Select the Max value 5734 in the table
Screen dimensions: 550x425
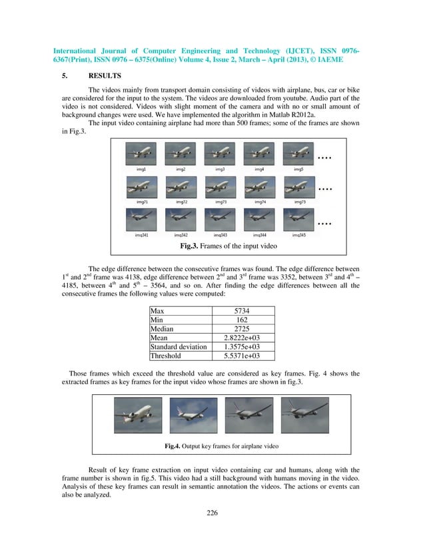(242, 311)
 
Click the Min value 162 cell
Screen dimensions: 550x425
(242, 320)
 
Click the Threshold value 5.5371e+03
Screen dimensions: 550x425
(242, 356)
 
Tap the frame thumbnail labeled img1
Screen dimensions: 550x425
(141, 155)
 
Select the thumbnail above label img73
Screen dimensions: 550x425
(219, 187)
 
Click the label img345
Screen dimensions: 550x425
(298, 234)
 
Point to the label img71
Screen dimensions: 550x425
(142, 201)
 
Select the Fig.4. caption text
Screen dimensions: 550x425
(222, 445)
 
